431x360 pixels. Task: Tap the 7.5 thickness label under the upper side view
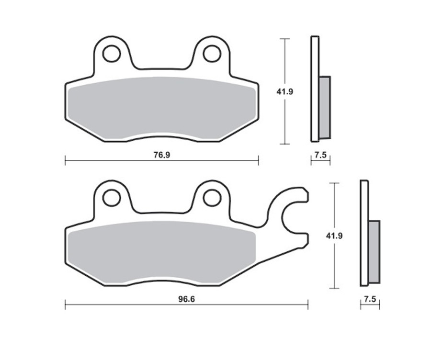coord(320,155)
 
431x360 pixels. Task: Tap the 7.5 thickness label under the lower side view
coord(370,299)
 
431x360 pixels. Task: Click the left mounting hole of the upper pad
coord(112,54)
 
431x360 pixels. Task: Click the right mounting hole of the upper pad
coord(212,54)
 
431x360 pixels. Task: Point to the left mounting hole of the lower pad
coord(112,197)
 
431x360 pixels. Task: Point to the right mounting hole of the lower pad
coord(212,197)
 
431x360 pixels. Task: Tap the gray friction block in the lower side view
coord(374,251)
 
